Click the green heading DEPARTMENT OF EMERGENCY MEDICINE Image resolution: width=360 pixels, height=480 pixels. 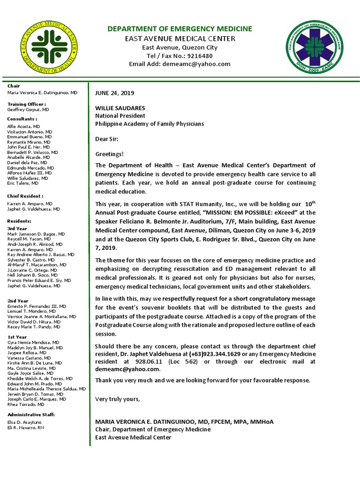[x=180, y=29]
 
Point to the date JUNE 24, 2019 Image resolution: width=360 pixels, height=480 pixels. [x=115, y=93]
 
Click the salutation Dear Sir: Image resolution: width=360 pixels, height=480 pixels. [x=107, y=139]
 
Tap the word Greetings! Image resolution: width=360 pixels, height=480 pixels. [x=110, y=154]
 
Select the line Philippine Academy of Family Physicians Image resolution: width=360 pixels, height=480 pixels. [x=150, y=124]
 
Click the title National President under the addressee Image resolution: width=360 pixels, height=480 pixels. [x=120, y=116]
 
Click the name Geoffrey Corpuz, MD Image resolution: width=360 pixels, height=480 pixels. [x=28, y=109]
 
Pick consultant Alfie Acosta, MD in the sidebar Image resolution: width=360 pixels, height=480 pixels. [x=23, y=127]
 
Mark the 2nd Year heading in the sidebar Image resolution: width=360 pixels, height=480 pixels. [x=17, y=300]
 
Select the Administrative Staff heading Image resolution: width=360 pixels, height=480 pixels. [x=31, y=415]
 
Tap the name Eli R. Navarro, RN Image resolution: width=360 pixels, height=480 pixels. [x=26, y=428]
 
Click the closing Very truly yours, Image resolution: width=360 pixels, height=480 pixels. [x=117, y=399]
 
